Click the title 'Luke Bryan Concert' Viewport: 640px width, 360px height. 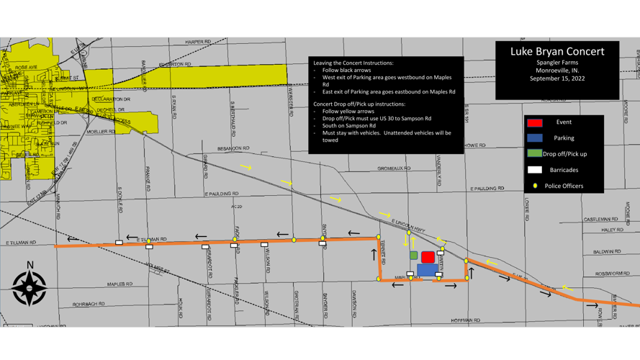pos(557,52)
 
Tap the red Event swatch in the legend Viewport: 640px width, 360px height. pos(534,122)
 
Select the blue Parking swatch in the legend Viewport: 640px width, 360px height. pos(534,138)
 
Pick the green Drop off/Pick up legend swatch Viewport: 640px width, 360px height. pos(534,153)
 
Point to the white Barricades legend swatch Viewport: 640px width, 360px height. pos(534,170)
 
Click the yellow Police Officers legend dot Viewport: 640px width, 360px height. pos(535,186)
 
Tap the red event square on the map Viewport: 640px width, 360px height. pos(428,256)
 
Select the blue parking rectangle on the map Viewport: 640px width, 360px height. pos(426,270)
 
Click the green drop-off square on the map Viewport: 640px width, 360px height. pos(414,256)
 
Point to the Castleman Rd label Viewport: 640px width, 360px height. pos(600,219)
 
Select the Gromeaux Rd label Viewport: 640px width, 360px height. pos(394,168)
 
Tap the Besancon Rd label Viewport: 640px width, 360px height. pos(233,148)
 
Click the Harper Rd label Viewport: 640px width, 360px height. pos(198,42)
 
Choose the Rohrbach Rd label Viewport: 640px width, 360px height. pos(89,304)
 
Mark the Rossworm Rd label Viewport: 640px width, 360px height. pos(613,274)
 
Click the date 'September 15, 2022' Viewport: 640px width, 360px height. pos(557,78)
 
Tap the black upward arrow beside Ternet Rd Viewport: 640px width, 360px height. pos(374,253)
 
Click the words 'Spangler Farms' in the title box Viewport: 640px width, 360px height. pos(557,63)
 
